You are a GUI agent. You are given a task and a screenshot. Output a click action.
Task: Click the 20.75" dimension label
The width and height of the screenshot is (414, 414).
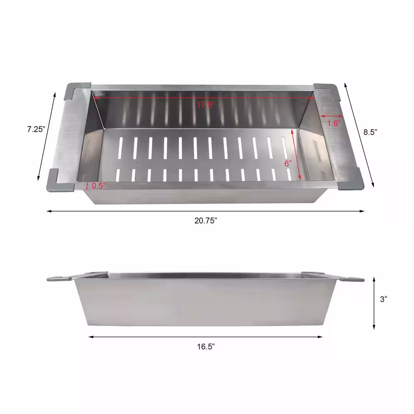click(x=206, y=221)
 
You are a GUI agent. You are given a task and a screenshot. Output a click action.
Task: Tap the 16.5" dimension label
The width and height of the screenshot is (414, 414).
click(x=206, y=347)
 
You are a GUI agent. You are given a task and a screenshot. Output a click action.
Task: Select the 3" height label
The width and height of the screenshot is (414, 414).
click(x=383, y=299)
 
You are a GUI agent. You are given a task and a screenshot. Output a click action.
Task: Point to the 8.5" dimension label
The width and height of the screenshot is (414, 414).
click(x=370, y=132)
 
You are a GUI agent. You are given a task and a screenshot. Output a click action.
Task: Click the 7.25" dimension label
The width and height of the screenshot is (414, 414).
click(x=36, y=129)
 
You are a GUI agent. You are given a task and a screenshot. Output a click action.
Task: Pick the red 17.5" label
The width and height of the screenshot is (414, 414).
click(x=205, y=105)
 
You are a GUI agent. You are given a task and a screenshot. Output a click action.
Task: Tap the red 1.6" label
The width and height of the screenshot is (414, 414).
click(x=334, y=123)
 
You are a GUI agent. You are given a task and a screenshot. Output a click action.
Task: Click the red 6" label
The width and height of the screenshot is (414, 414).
click(x=288, y=164)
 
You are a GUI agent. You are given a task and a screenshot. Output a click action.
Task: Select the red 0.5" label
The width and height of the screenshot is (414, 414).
click(x=99, y=186)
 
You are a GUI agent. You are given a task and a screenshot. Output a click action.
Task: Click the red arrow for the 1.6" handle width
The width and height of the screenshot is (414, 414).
click(x=331, y=116)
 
